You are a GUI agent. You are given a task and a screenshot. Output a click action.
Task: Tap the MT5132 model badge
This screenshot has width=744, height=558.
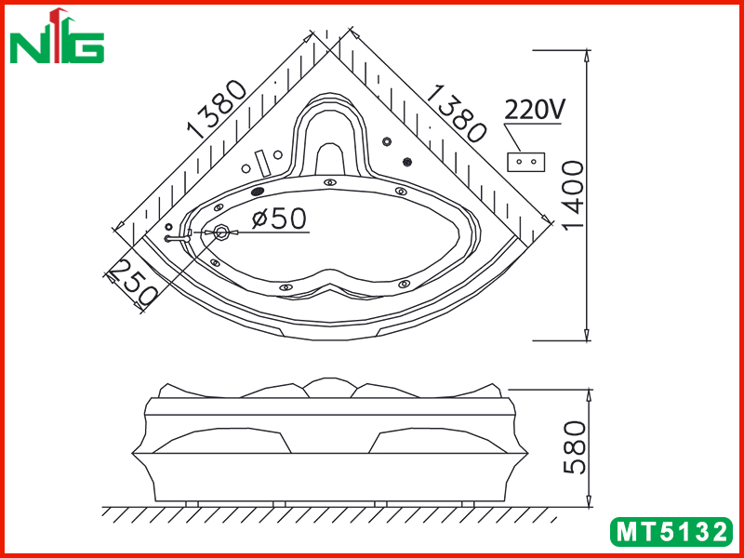tap(671, 531)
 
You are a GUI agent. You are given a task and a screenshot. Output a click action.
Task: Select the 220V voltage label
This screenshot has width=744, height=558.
tap(534, 110)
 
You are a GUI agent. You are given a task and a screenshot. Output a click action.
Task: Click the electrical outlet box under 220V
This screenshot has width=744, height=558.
tap(526, 162)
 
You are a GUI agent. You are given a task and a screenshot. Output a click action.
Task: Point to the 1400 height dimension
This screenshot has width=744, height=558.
tap(573, 194)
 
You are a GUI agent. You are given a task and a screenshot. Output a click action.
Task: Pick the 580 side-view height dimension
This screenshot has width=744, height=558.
tap(574, 447)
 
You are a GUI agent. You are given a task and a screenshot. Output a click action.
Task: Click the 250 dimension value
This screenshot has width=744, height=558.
tap(134, 284)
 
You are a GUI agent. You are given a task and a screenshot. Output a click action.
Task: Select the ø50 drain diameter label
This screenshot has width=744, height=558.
tap(279, 219)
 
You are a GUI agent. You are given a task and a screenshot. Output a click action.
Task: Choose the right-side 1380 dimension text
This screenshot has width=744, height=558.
tap(457, 113)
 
